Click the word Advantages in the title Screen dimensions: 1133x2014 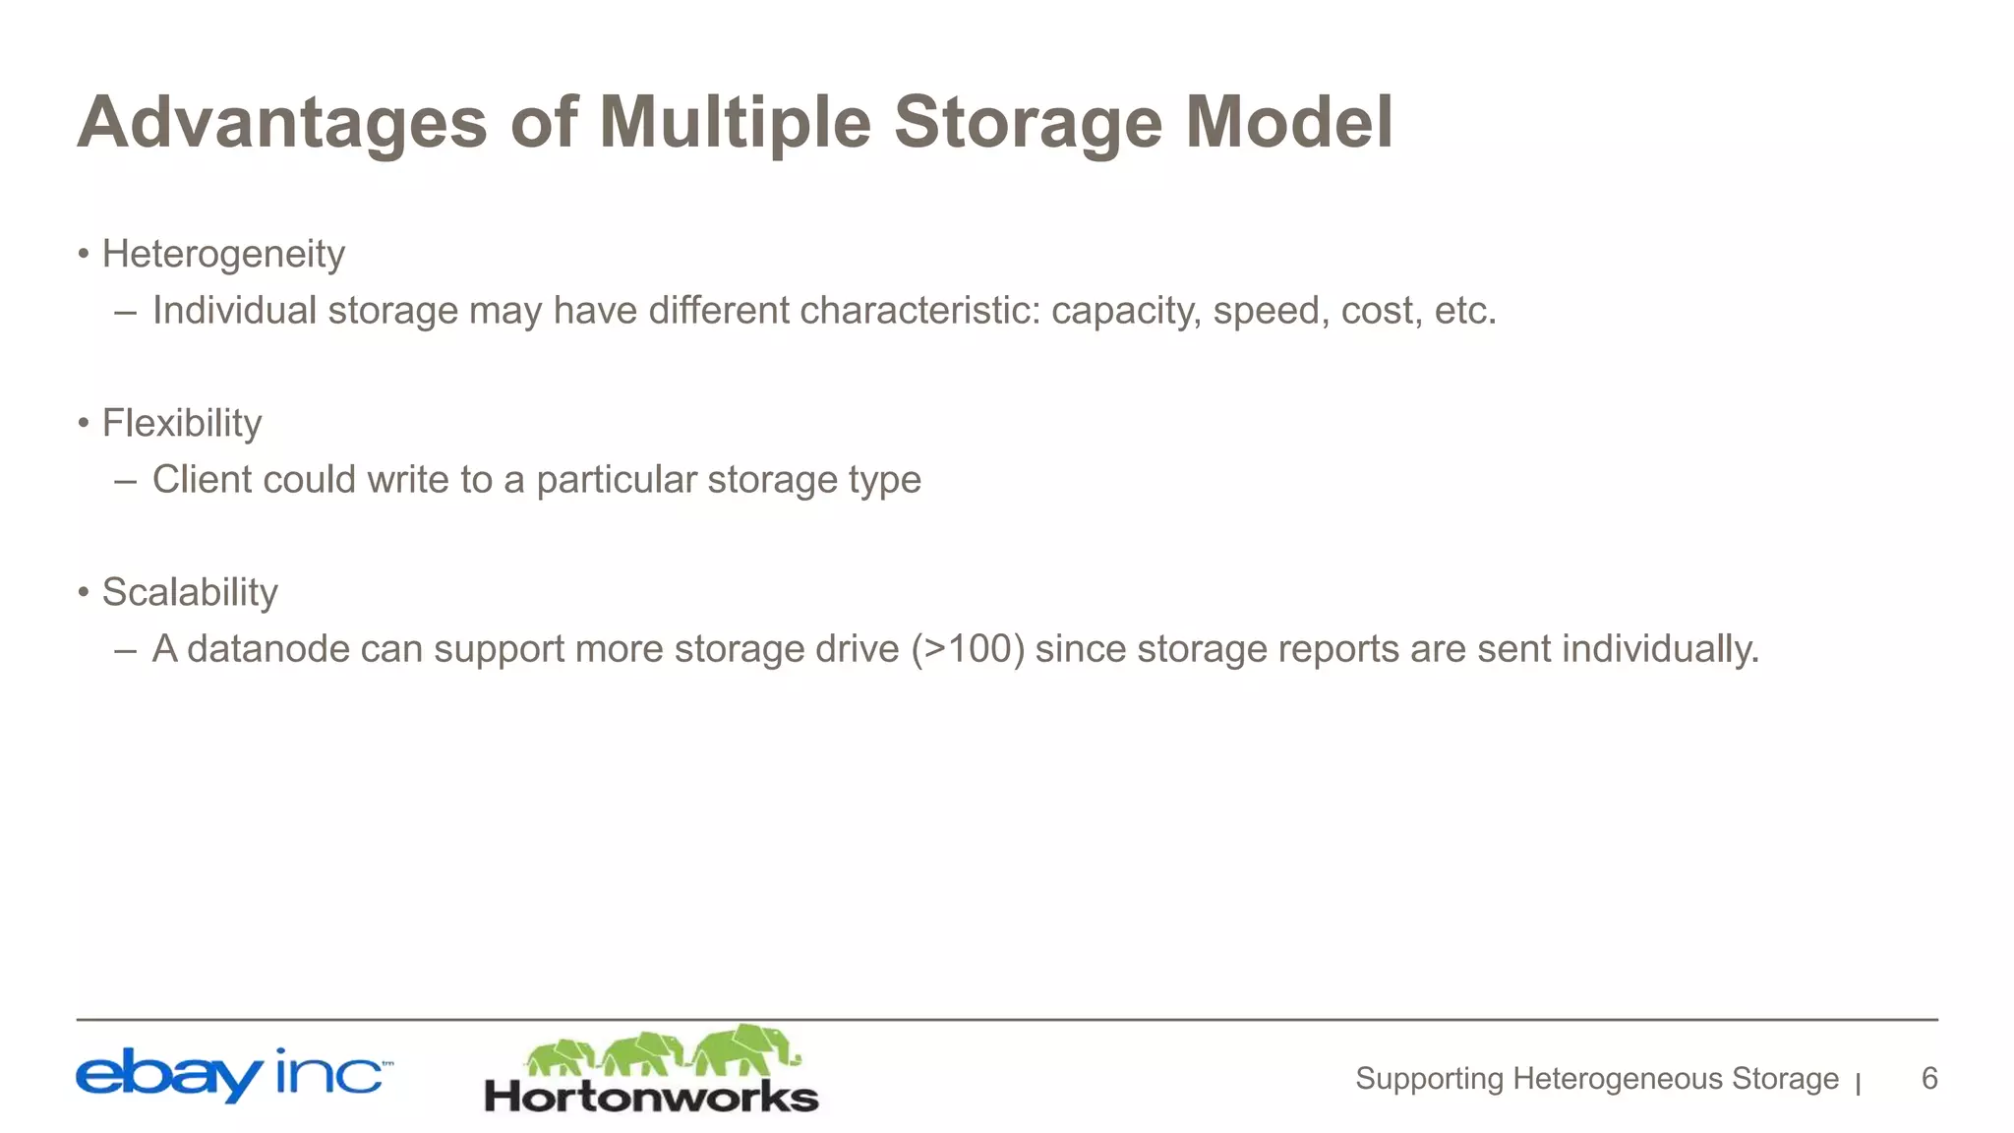282,123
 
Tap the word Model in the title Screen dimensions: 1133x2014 1288,123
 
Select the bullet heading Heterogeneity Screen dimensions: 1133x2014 223,255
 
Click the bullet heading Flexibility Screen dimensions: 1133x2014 182,424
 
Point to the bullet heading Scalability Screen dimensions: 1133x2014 190,593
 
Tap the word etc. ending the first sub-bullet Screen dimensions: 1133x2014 1465,311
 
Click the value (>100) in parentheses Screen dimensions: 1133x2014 968,649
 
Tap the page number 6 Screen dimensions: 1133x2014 1929,1079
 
